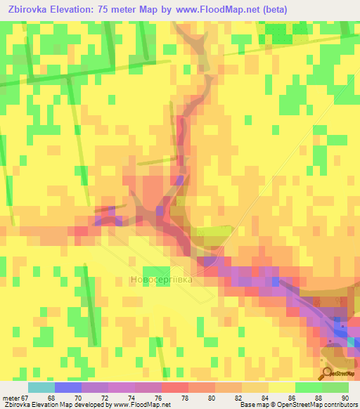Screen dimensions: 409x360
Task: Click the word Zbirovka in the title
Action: click(32, 10)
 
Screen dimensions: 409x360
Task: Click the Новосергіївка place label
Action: click(162, 280)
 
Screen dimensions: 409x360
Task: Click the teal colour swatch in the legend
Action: click(41, 387)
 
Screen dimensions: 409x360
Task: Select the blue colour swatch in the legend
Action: click(67, 387)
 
